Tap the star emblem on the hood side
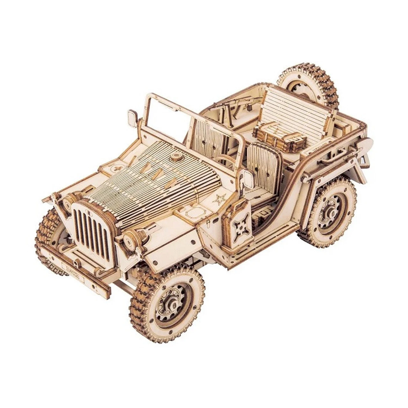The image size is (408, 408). (219, 199)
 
